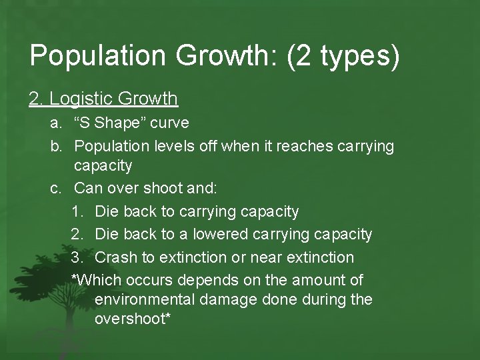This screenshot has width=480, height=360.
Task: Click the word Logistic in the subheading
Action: click(x=81, y=99)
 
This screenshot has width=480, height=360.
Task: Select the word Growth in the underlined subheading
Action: click(x=147, y=99)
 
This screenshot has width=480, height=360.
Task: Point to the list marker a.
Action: click(x=56, y=123)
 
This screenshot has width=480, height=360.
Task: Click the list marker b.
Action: click(x=56, y=146)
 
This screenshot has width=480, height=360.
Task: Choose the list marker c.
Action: click(x=56, y=189)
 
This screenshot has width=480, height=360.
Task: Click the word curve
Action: click(x=169, y=123)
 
